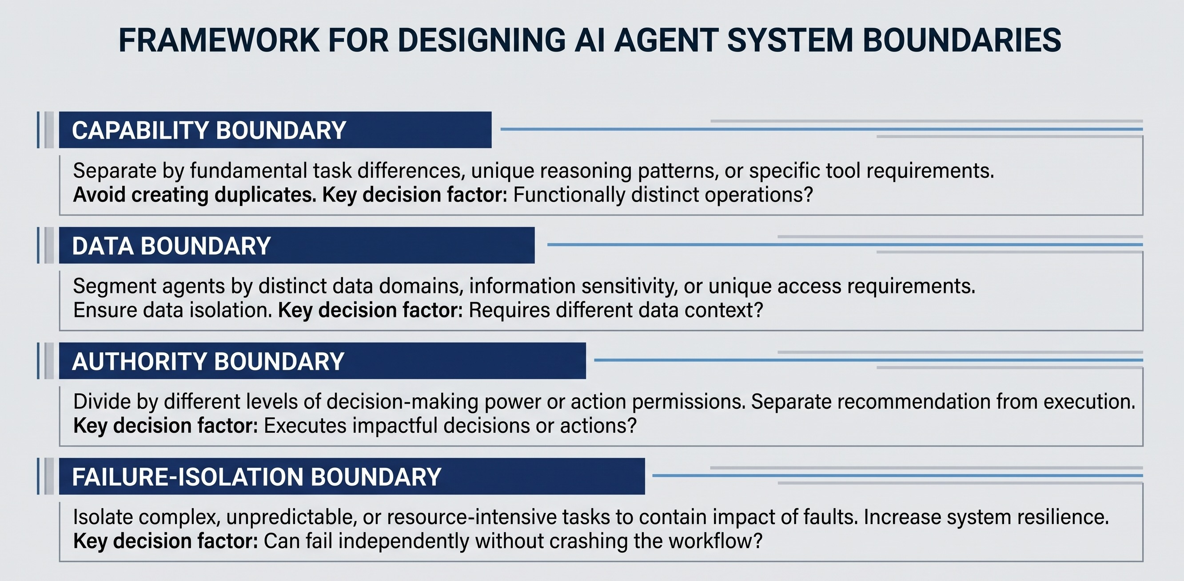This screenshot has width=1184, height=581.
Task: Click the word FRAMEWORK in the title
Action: [219, 40]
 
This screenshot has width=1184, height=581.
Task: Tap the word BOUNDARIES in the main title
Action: [962, 40]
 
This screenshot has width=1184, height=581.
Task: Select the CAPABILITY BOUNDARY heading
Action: [209, 130]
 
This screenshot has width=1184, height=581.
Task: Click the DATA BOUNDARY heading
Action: [171, 246]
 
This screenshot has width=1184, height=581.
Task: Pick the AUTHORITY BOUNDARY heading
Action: [208, 361]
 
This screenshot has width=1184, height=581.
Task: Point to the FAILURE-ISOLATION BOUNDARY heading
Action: [256, 477]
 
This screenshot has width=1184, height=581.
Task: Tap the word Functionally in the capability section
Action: [569, 195]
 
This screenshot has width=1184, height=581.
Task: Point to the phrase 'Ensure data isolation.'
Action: [173, 310]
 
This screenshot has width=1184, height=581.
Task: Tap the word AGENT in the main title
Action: [666, 40]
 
